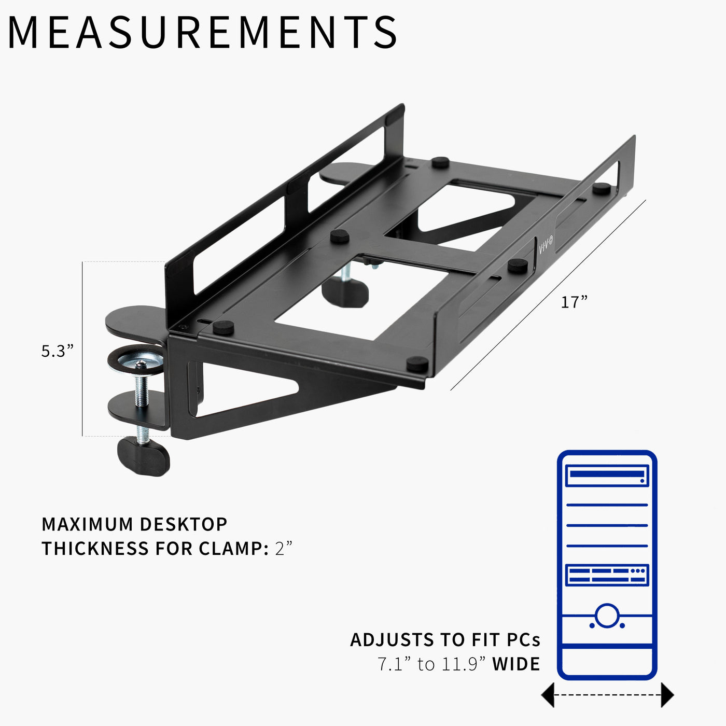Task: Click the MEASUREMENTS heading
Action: pyautogui.click(x=202, y=32)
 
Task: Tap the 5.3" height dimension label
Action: pyautogui.click(x=58, y=351)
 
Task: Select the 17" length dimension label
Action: pyautogui.click(x=574, y=302)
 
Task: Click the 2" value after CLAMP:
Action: pyautogui.click(x=284, y=548)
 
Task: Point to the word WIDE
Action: pyautogui.click(x=516, y=664)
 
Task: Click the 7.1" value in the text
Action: pyautogui.click(x=394, y=664)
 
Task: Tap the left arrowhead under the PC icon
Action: pyautogui.click(x=548, y=695)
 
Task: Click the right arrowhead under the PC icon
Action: pyautogui.click(x=667, y=695)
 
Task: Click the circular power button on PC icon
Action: pyautogui.click(x=607, y=616)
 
